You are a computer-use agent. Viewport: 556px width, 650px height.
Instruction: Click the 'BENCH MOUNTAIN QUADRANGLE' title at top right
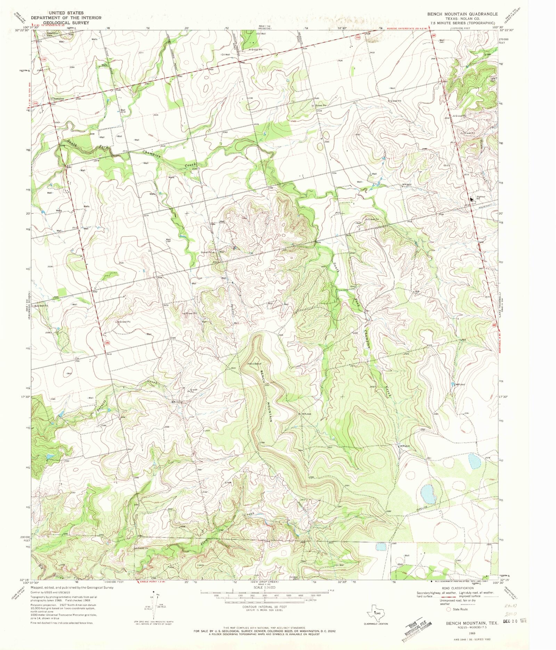(x=463, y=14)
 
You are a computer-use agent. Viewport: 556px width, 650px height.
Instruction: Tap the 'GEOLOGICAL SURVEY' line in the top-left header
(x=64, y=23)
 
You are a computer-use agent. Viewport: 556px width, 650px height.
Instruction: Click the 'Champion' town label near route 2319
(x=57, y=99)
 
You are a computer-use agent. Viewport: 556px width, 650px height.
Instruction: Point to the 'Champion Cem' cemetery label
(x=53, y=34)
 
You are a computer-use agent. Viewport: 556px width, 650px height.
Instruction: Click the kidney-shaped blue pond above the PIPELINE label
(x=428, y=494)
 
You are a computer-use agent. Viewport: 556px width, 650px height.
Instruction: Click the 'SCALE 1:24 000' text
(x=264, y=587)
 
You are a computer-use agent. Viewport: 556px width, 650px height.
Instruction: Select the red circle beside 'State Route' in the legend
(x=449, y=609)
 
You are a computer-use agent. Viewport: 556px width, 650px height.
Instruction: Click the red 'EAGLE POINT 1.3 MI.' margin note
(x=151, y=582)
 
